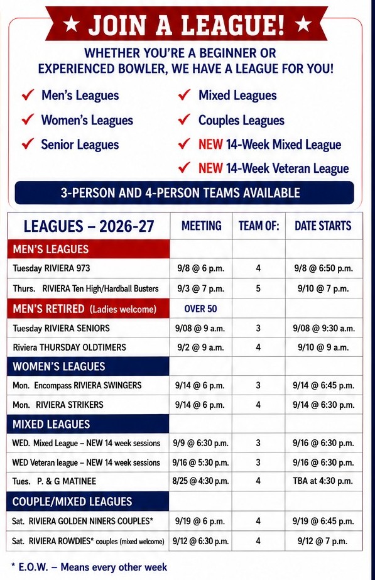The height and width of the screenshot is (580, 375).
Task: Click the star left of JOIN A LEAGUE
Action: coord(71,25)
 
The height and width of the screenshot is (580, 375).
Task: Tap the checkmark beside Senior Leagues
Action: coord(28,143)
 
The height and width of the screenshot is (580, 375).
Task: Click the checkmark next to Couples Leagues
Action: coord(184,119)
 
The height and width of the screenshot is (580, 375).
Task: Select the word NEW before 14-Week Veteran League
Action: coord(210,168)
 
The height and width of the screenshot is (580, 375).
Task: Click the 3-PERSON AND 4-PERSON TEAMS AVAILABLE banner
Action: coord(184,193)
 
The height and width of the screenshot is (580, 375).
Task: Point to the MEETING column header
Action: coord(201,226)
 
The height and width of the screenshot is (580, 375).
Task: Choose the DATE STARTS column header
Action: coord(323,226)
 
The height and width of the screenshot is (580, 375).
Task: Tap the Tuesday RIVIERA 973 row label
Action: coord(52,268)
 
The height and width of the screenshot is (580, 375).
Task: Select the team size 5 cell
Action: coord(258,288)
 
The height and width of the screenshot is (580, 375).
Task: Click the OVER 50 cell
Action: coord(200,309)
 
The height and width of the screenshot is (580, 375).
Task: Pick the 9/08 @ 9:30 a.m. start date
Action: coord(323,328)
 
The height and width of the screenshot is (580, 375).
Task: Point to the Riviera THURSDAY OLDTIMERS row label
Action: coord(69,347)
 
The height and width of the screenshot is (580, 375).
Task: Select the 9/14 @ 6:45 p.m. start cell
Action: coord(323,385)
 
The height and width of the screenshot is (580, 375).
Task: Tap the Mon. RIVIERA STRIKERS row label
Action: coord(58,405)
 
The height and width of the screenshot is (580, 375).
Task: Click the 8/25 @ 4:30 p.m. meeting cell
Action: coord(201,481)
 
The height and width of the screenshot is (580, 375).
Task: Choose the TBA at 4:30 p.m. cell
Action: coord(323,481)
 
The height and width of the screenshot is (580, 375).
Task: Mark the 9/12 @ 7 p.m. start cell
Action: coord(323,541)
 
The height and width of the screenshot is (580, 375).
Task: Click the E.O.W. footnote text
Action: coord(89,567)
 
